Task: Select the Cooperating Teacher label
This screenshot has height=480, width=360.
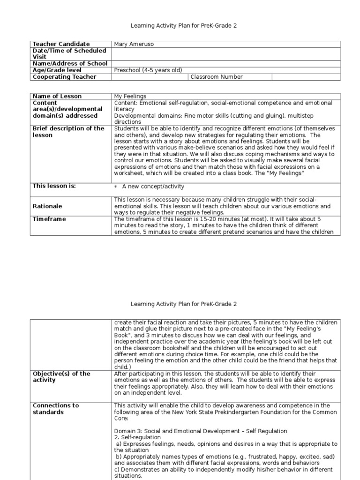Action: (x=64, y=77)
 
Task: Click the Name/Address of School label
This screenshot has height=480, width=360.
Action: (x=70, y=64)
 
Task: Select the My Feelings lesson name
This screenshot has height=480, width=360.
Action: (x=130, y=96)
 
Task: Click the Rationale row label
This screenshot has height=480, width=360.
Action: (x=47, y=206)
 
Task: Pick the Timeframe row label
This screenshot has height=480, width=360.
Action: (x=49, y=219)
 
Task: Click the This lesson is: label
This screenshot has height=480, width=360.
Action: (x=54, y=186)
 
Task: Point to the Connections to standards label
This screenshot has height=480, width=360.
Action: (x=56, y=409)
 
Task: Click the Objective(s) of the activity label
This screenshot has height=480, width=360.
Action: (x=61, y=377)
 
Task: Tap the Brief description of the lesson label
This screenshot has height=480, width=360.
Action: (x=68, y=132)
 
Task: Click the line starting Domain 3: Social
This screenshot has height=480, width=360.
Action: (x=200, y=431)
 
